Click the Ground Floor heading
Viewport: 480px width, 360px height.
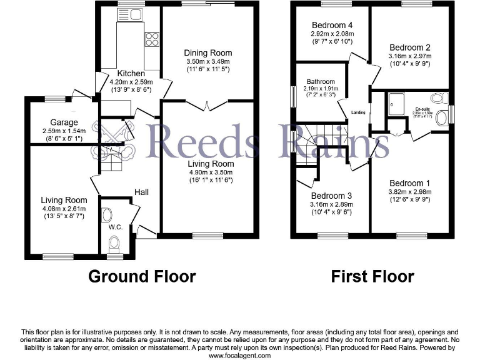click(x=142, y=276)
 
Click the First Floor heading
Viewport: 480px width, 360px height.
click(x=372, y=276)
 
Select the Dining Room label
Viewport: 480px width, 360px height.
click(x=208, y=53)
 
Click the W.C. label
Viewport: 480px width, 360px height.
click(x=116, y=227)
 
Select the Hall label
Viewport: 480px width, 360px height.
click(x=142, y=192)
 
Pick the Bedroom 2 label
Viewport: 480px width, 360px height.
click(x=409, y=47)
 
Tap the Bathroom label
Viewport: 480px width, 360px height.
click(x=320, y=81)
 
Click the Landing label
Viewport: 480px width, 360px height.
click(x=358, y=112)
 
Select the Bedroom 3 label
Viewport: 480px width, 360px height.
click(x=331, y=196)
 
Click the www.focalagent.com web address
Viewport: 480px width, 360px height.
click(x=240, y=355)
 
